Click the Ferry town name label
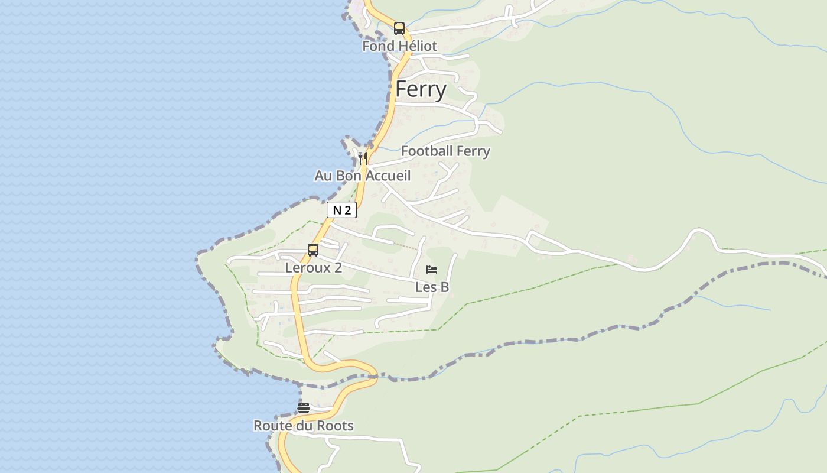tap(421, 89)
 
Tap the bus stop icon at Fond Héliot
tap(399, 28)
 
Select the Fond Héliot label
tap(399, 46)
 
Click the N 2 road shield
tap(341, 210)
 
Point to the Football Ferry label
tap(445, 151)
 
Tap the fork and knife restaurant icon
tap(363, 158)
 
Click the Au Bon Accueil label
tap(362, 176)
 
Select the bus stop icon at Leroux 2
tap(313, 250)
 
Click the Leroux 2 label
tap(313, 268)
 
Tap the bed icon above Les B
tap(432, 270)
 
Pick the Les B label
tap(432, 287)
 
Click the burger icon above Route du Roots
tap(304, 407)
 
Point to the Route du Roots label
tap(304, 426)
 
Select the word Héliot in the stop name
tap(417, 46)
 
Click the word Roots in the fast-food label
tap(336, 426)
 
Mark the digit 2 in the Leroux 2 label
tap(338, 268)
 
